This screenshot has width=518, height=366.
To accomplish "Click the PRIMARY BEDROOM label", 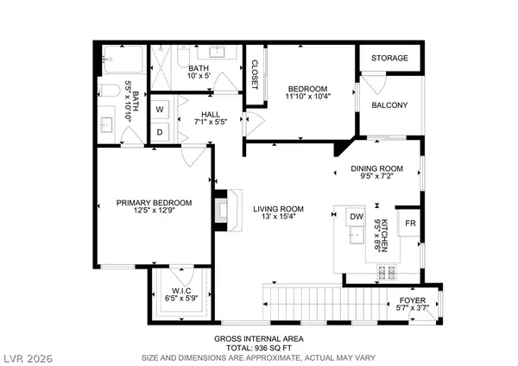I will point(154,203).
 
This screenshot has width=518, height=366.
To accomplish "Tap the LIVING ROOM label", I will point(278,209).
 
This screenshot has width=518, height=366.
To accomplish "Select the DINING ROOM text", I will point(376,168).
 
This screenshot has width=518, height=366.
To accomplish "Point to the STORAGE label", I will point(389,59).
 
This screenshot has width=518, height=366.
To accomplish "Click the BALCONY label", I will point(389,105).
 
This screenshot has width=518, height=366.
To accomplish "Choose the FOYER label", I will point(412,299).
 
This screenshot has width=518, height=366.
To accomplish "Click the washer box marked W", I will point(161,110).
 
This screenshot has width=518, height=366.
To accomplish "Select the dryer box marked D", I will point(161,131).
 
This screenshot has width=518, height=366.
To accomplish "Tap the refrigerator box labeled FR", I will point(411,224).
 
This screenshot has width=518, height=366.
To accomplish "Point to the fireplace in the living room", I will point(224,210).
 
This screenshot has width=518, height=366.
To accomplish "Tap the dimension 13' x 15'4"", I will point(278,218).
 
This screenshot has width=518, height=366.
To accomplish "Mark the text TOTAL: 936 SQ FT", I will point(258,346).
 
